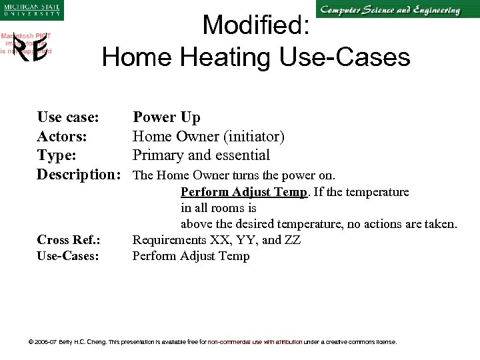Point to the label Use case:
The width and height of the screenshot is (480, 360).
[68, 117]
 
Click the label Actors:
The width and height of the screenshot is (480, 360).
[61, 137]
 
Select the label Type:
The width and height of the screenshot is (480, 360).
[56, 155]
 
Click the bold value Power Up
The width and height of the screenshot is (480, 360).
[166, 117]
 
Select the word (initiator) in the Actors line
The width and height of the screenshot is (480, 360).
[254, 137]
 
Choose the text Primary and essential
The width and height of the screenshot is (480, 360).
[201, 155]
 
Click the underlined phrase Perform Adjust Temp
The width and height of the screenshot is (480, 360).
[244, 192]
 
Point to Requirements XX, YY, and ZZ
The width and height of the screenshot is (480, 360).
[216, 240]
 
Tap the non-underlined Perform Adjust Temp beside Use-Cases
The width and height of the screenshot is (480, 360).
[191, 256]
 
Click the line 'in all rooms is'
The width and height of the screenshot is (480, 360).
[218, 208]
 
